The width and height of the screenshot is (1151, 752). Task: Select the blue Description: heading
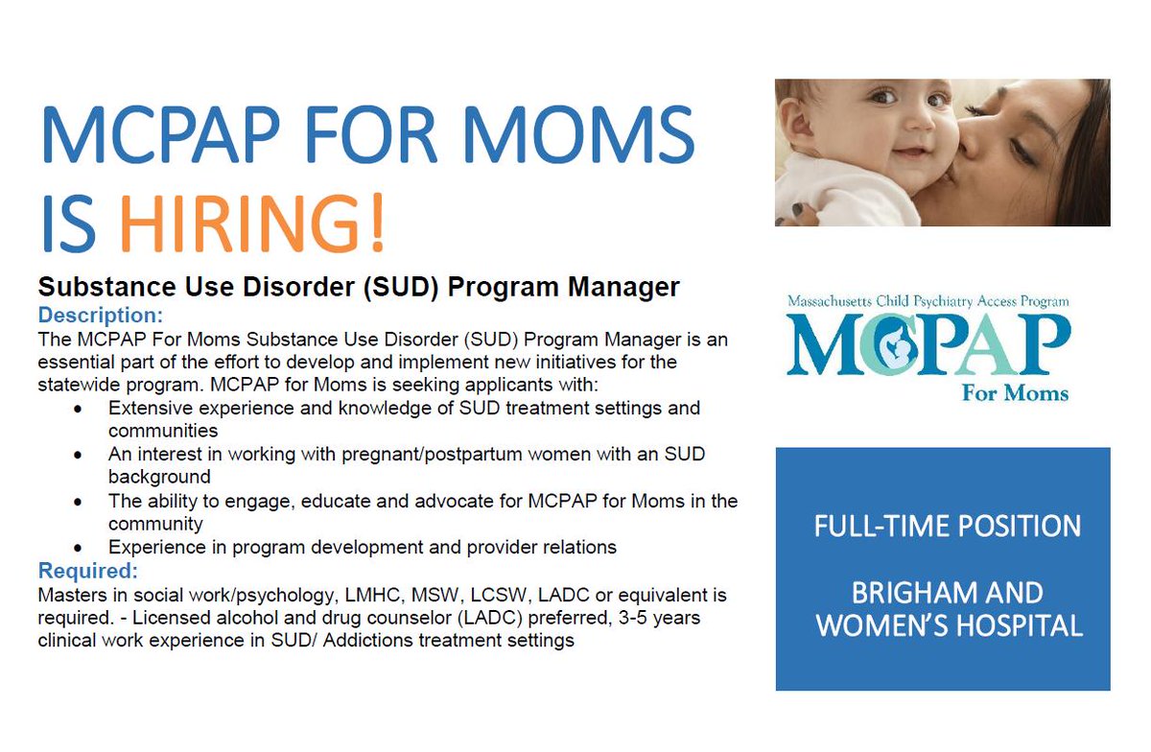coord(100,316)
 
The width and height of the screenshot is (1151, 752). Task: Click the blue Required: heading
coord(88,572)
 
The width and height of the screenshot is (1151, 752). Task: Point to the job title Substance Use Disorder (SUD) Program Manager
coord(358,287)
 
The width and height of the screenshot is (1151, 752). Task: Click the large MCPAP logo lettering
coord(927,344)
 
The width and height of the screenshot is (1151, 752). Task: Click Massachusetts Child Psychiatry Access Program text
coord(928,301)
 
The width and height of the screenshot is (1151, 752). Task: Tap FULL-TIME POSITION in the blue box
coord(947,526)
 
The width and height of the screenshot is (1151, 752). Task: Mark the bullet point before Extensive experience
coord(78,409)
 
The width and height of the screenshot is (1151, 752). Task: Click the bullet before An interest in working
coord(78,455)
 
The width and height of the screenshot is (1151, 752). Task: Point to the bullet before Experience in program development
coord(78,548)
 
